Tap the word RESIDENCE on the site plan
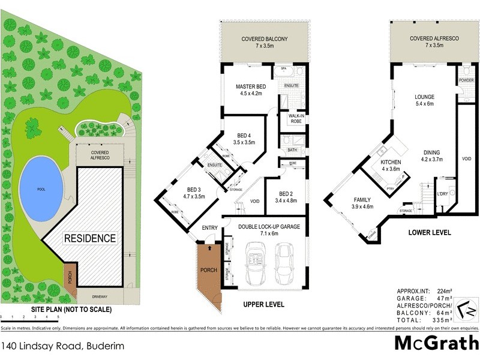point(90,238)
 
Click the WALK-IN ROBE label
point(294,118)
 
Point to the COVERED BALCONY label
point(265,39)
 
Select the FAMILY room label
point(362,200)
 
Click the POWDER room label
point(466,80)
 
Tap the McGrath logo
point(436,344)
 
